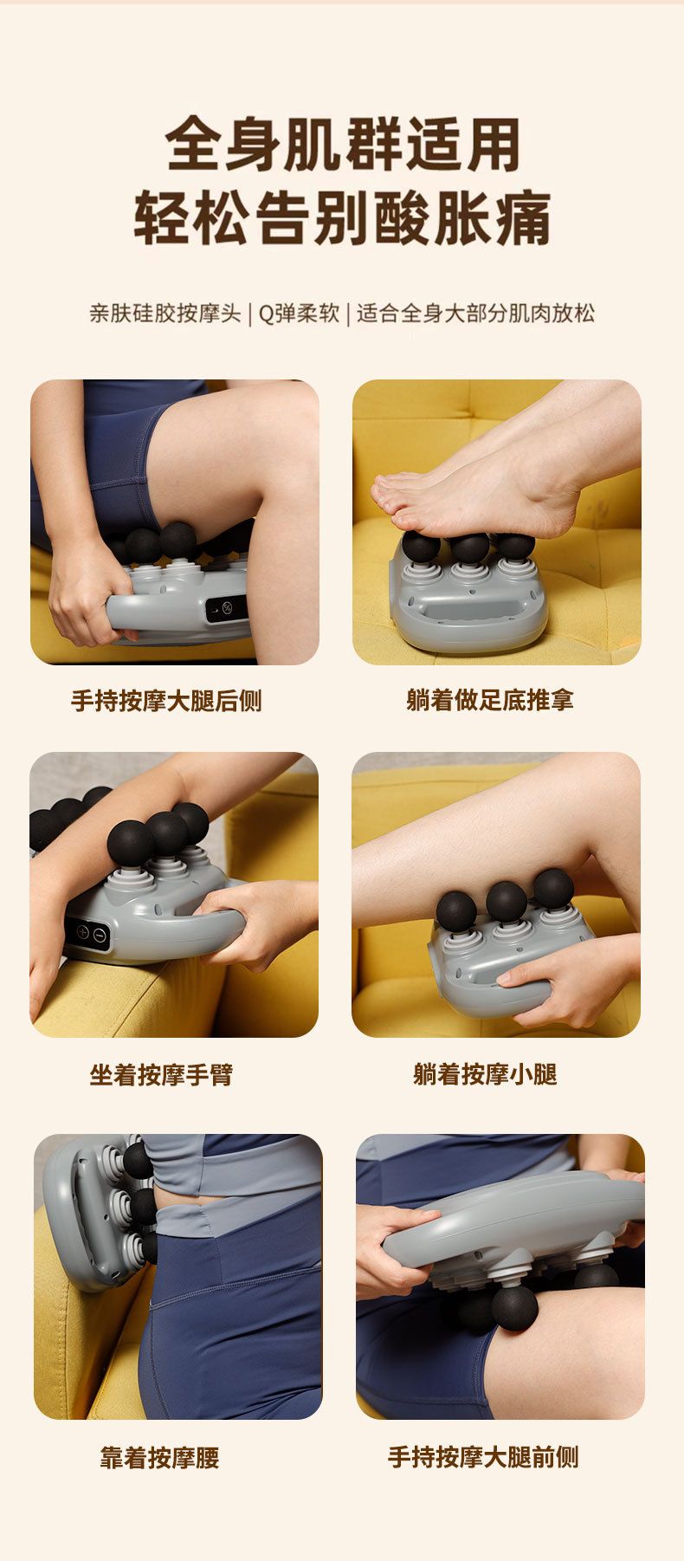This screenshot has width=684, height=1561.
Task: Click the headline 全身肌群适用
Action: click(343, 145)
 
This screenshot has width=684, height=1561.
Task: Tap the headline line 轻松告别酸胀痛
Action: click(343, 219)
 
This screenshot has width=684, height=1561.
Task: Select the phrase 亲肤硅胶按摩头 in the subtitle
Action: click(165, 313)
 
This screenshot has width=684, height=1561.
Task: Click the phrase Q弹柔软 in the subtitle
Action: click(299, 313)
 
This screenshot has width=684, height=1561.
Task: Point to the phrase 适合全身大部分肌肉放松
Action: click(476, 313)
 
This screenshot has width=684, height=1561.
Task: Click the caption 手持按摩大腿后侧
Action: click(166, 701)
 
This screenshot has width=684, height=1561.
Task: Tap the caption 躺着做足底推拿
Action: click(490, 700)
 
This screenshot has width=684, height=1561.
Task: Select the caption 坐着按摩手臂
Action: click(161, 1075)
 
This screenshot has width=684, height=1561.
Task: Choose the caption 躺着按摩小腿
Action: click(485, 1074)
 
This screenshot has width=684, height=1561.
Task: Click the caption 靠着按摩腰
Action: click(159, 1458)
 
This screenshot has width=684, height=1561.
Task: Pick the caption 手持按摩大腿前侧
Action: click(483, 1457)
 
